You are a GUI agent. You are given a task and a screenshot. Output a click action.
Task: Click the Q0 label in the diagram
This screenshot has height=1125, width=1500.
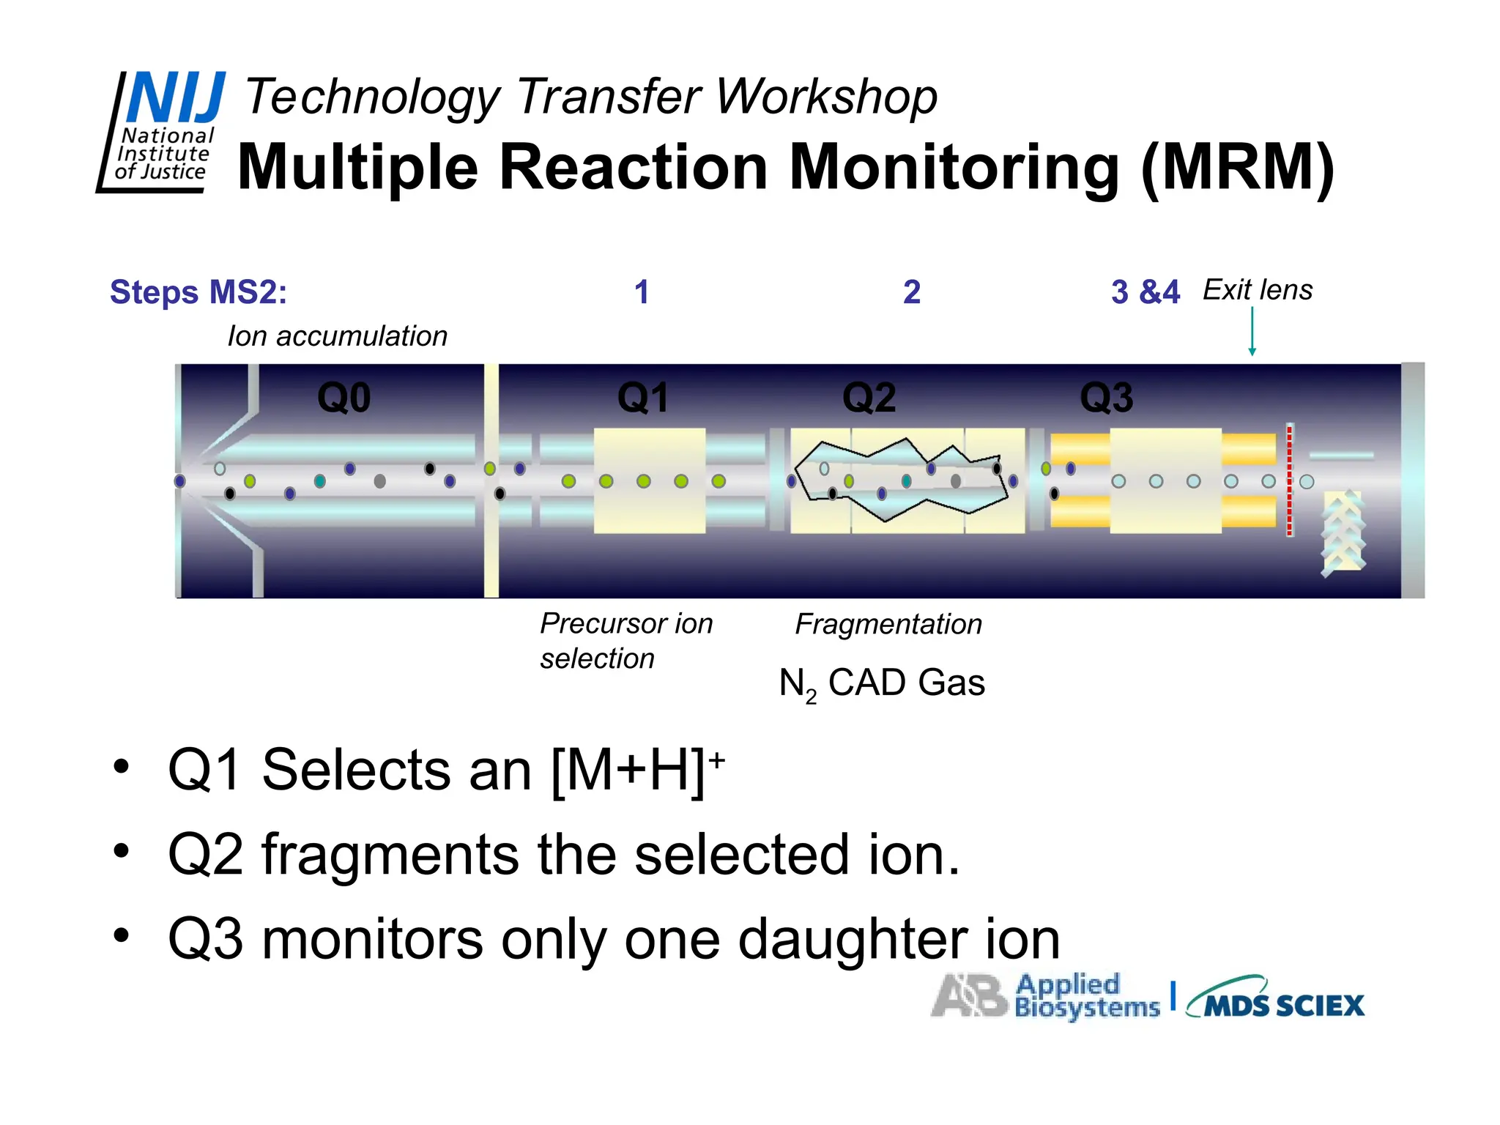pos(344,398)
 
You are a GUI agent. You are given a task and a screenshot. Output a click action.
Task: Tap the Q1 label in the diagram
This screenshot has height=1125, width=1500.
pos(643,398)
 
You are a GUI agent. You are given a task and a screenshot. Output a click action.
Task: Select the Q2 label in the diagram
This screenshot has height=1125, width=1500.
pos(869,398)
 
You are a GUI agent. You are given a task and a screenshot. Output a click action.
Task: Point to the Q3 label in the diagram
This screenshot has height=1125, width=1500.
pos(1106,398)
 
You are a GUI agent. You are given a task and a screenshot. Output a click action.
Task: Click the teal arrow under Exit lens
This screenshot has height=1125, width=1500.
pos(1252,331)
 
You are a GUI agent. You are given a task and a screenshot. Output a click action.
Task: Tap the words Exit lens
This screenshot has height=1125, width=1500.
pos(1258,290)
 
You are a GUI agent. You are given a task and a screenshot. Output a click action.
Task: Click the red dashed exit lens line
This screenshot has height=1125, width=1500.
pos(1290,480)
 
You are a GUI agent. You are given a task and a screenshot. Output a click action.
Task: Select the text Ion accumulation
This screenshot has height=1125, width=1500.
pos(337,336)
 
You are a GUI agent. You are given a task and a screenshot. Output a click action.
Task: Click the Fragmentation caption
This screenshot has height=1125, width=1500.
pos(888,624)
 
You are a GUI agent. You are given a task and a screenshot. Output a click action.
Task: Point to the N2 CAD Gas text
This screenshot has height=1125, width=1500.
pos(882,683)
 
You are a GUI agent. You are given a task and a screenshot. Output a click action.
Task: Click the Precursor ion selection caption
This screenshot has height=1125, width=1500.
pos(625,641)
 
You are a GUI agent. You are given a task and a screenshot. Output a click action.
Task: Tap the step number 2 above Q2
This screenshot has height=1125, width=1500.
pos(911,292)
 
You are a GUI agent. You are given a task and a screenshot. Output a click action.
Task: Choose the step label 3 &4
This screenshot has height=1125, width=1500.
pos(1145,292)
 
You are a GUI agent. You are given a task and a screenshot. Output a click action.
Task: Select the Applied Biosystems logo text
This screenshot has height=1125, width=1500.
pos(1087,997)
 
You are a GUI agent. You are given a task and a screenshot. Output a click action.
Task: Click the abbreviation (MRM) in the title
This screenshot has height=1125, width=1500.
pos(1238,168)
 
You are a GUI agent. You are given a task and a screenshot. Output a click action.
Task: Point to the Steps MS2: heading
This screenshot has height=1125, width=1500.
pos(198,292)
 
